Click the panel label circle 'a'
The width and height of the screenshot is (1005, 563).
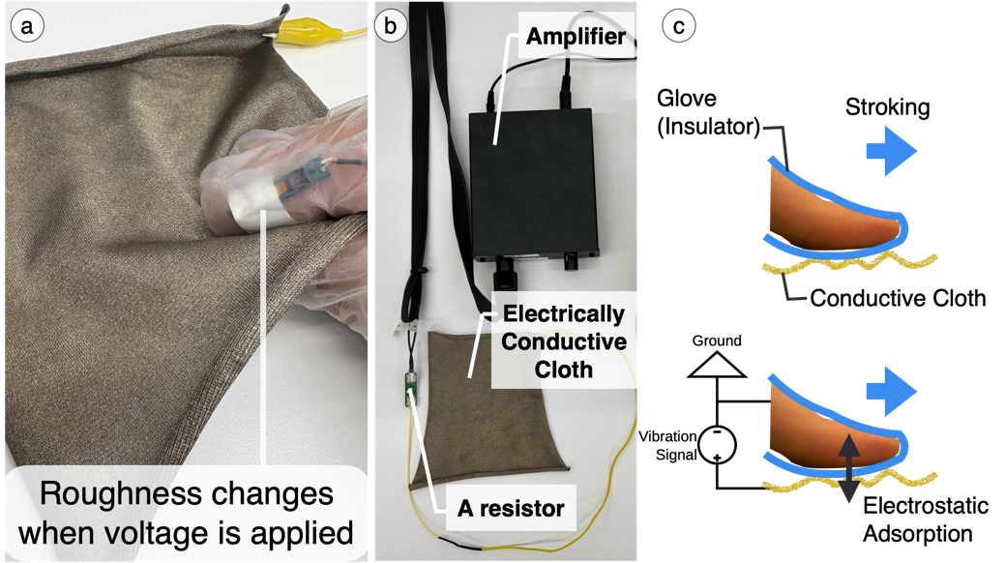coord(25,26)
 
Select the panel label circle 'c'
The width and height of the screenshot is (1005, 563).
coord(678,26)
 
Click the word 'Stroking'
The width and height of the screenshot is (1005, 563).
coord(887,106)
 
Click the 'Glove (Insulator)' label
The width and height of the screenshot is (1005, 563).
coord(709,111)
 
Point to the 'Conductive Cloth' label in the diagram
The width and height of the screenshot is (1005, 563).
coord(898,297)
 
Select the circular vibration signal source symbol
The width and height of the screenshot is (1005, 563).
coord(717,444)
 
